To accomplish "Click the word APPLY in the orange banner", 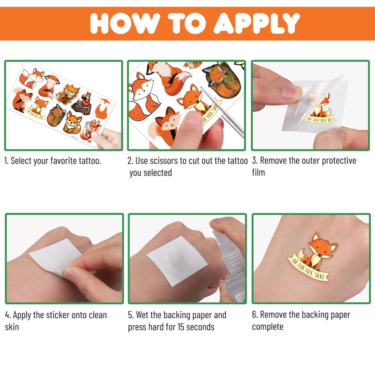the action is pyautogui.click(x=256, y=23).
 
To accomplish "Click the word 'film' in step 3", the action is pyautogui.click(x=258, y=172).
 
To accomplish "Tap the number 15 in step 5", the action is pyautogui.click(x=180, y=327).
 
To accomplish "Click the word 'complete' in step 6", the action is pyautogui.click(x=268, y=327).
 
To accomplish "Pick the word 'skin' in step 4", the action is pyautogui.click(x=12, y=327).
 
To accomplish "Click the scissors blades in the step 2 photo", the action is pyautogui.click(x=222, y=111).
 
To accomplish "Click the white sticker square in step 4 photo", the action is pyautogui.click(x=56, y=260).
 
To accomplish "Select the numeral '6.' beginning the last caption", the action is pyautogui.click(x=255, y=315).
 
